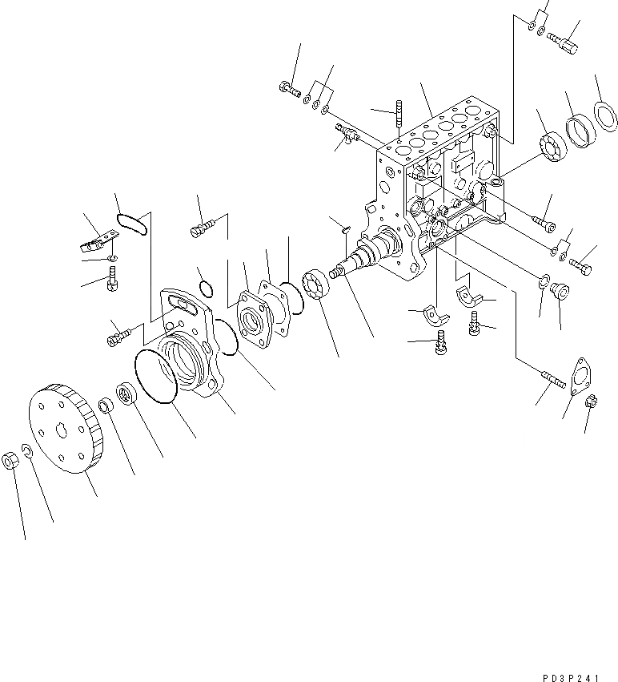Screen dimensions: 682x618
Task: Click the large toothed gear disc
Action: click(x=68, y=426)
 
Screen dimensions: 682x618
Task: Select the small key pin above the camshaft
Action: click(x=343, y=228)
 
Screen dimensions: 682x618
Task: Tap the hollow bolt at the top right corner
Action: click(x=565, y=38)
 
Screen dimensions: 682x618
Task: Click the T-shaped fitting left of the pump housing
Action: click(x=347, y=133)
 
